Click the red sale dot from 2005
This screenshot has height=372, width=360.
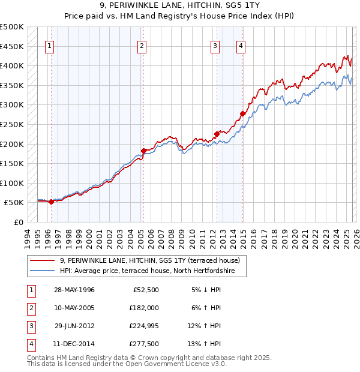[x=143, y=151]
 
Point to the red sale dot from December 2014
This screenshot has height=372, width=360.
[x=242, y=113]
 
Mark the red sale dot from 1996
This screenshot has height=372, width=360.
[x=51, y=202]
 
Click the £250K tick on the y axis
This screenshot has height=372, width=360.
[x=12, y=124]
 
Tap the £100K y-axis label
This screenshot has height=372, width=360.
[x=12, y=183]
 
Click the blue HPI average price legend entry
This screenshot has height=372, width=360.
[x=152, y=271]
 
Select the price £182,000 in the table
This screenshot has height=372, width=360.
[x=144, y=308]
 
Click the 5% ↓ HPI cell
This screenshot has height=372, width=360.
[x=206, y=290]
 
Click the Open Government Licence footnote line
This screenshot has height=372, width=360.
[x=127, y=364]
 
